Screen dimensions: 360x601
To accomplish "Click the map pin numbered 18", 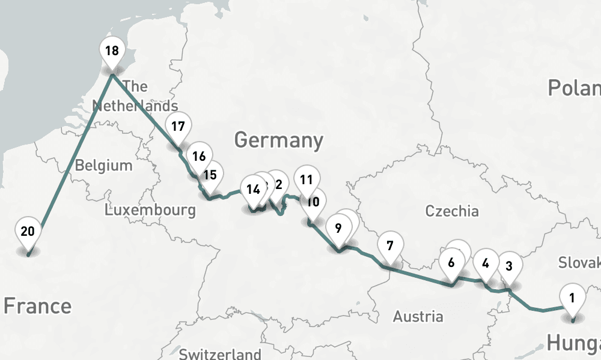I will [112, 52].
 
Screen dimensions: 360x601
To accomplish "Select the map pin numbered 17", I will [178, 128].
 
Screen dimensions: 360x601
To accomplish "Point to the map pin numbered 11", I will [307, 180].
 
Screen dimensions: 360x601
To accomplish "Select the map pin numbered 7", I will [390, 247].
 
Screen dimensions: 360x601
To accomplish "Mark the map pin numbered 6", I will [451, 263].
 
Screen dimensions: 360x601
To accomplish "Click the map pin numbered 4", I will [486, 264].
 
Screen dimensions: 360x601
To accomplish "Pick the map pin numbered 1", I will [572, 298].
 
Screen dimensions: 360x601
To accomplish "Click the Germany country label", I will [278, 140].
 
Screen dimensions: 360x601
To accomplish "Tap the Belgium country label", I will [103, 166].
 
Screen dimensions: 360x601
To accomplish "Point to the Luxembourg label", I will [150, 210].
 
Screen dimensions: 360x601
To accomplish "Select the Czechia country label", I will [452, 211].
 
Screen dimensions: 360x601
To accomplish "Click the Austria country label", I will [418, 316].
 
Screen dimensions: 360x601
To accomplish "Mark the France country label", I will [37, 306].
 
